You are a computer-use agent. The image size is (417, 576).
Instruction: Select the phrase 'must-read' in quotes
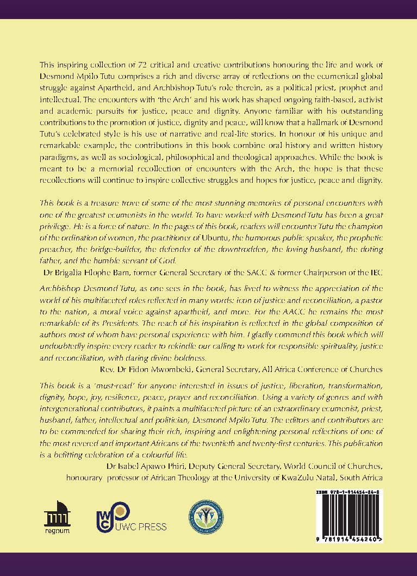(x=101, y=385)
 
